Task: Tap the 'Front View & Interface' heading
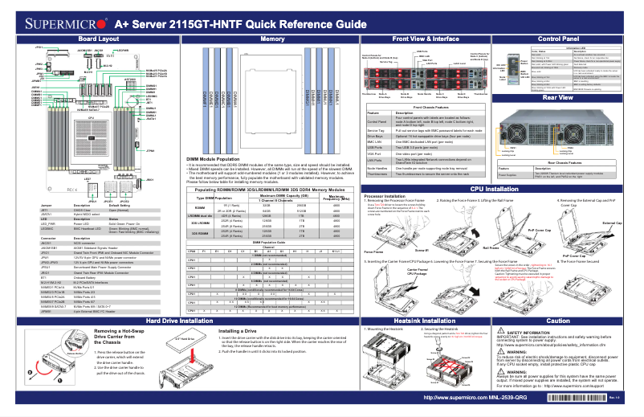(x=425, y=39)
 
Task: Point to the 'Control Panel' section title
(x=559, y=39)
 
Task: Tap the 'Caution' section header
(x=559, y=321)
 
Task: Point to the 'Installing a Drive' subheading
(x=238, y=330)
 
